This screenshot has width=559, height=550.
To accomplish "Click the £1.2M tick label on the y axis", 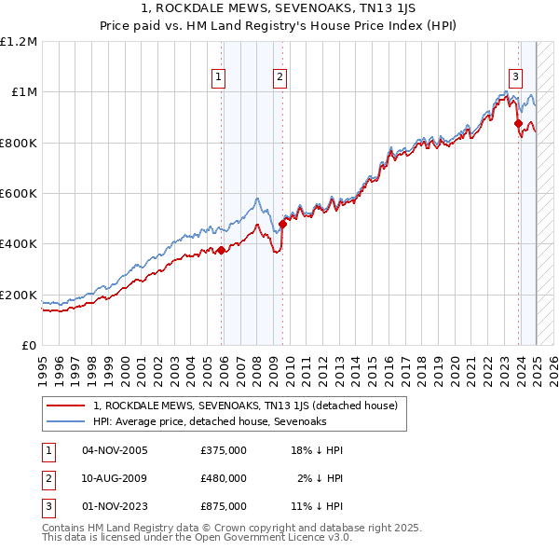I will (x=19, y=41).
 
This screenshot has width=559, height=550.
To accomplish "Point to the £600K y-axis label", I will (x=19, y=194).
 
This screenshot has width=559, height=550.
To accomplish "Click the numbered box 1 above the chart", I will (x=219, y=78).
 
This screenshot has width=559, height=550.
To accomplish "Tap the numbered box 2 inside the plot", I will (x=279, y=78).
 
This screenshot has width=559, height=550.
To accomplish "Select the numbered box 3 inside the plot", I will (x=515, y=78).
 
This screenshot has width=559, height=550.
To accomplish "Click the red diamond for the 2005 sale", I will (x=221, y=250).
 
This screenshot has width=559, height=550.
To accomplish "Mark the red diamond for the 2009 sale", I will (x=282, y=224).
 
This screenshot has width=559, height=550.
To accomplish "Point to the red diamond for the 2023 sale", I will (x=518, y=122).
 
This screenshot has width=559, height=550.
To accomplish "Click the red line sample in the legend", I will (x=65, y=406).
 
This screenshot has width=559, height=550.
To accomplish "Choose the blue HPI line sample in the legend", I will (x=65, y=422).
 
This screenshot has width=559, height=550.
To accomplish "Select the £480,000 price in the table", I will (x=224, y=478).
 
